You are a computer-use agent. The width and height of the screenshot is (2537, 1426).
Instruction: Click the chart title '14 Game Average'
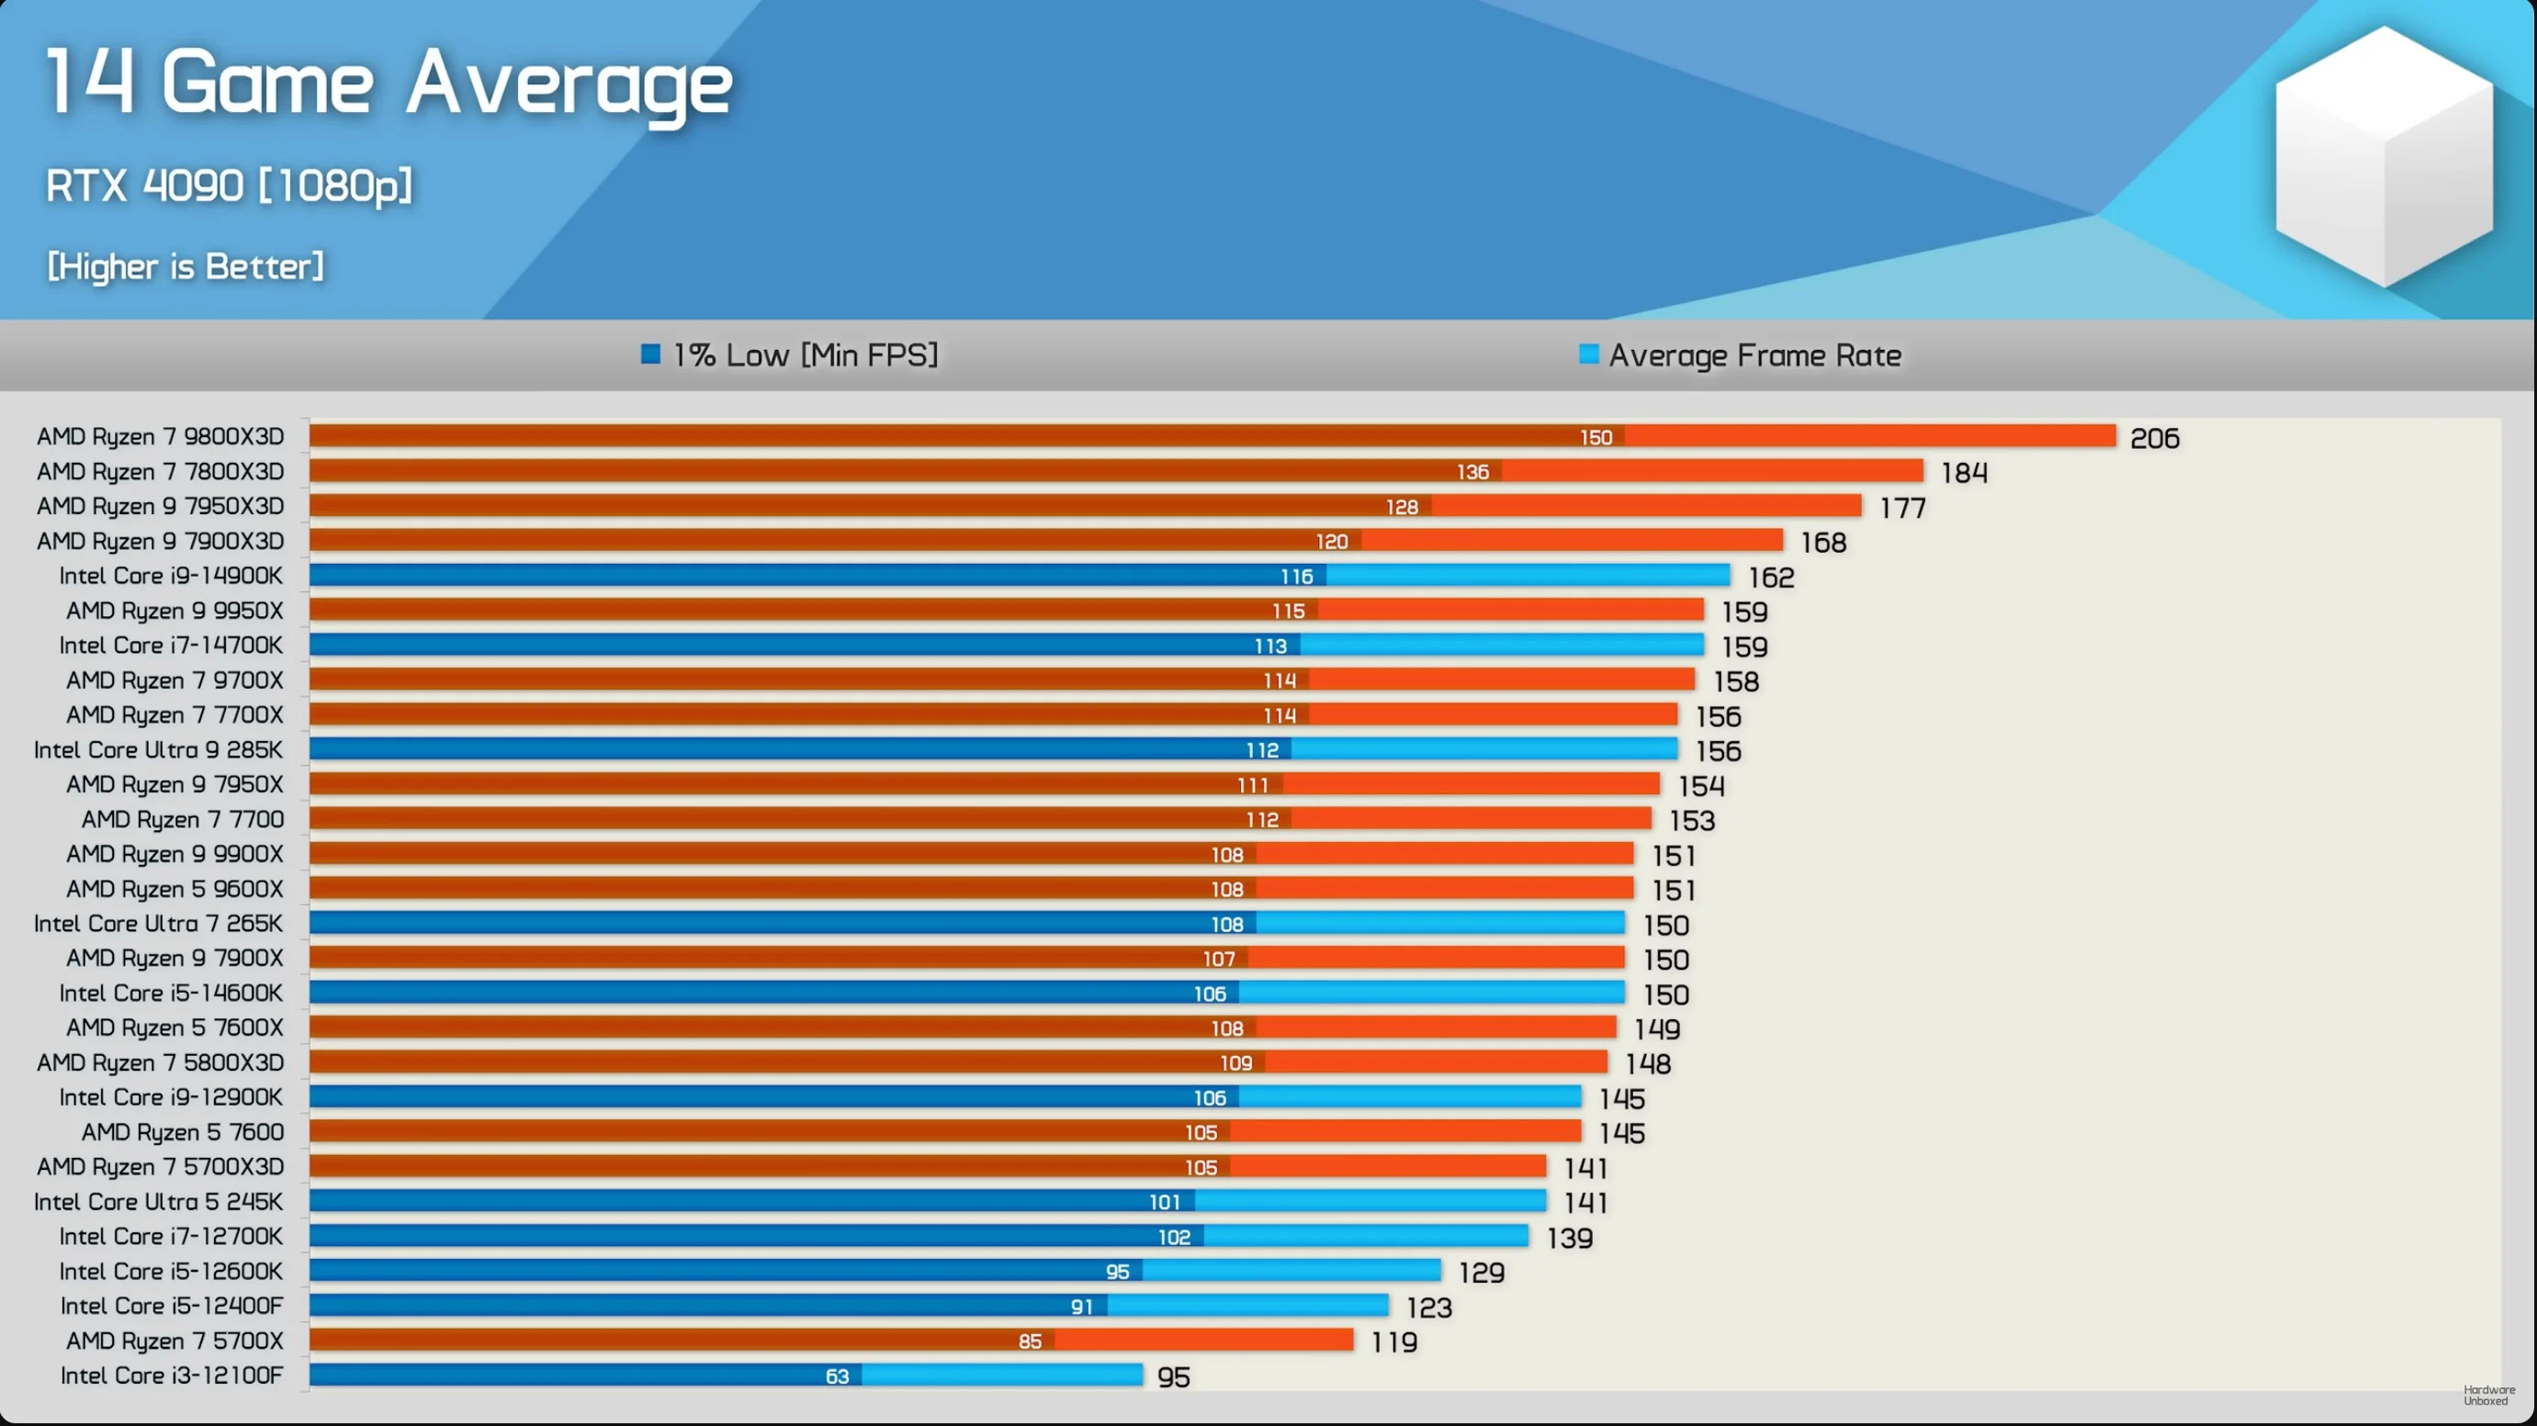click(x=389, y=83)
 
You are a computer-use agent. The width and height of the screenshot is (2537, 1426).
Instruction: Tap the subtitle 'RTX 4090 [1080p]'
click(x=229, y=185)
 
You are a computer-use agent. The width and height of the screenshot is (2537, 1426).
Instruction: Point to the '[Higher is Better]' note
click(x=186, y=266)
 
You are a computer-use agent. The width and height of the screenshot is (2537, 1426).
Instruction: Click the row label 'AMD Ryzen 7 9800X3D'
click(x=160, y=436)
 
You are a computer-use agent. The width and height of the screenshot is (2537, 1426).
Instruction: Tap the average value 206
click(x=2154, y=438)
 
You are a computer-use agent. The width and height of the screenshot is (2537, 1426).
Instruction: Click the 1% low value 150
click(x=1595, y=437)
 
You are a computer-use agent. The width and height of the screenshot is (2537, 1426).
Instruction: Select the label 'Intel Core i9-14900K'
click(x=170, y=575)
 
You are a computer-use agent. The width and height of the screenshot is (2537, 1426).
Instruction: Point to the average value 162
click(x=1771, y=577)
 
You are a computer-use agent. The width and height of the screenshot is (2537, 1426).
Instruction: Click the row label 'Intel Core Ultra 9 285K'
click(x=158, y=749)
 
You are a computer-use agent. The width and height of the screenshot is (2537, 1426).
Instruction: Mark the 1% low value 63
click(x=837, y=1375)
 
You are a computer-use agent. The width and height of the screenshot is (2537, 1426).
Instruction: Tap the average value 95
click(x=1173, y=1376)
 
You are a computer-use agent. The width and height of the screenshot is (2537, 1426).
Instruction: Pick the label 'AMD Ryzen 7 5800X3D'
click(x=160, y=1062)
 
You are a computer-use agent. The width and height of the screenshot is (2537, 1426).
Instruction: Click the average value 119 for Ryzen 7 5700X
click(x=1393, y=1342)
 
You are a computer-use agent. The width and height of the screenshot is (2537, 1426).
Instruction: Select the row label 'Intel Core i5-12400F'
click(x=172, y=1306)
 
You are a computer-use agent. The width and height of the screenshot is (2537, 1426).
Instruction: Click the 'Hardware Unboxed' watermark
click(x=2488, y=1395)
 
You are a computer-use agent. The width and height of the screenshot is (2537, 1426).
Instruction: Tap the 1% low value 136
click(x=1472, y=472)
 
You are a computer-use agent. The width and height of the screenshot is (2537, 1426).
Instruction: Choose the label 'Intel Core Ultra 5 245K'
click(x=158, y=1201)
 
